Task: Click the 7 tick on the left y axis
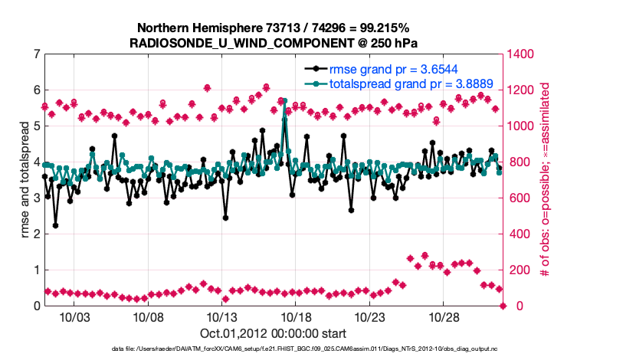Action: [x=36, y=54]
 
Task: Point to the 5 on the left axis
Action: [x=36, y=126]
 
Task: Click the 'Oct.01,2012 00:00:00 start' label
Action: [x=273, y=332]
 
